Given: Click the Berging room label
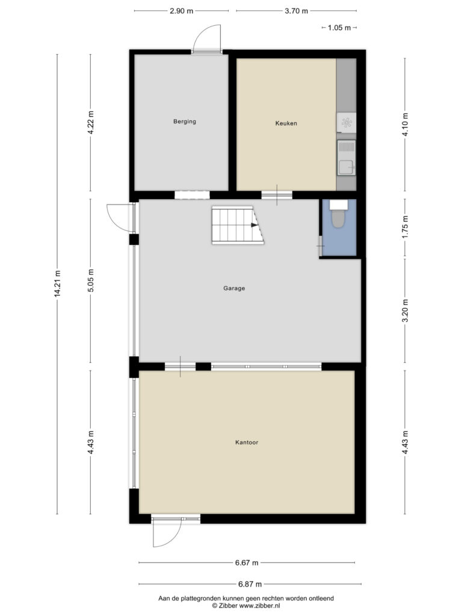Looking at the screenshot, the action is (185, 122).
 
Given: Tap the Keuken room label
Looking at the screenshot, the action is (286, 123).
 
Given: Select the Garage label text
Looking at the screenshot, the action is (234, 288).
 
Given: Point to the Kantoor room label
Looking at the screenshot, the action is (247, 442).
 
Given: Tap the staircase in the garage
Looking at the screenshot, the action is (237, 225).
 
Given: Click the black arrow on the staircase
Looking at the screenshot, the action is (254, 225).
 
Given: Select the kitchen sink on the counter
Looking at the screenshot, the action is (346, 158).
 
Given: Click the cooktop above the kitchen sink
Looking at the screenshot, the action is (346, 123).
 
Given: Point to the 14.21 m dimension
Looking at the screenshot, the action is (57, 283).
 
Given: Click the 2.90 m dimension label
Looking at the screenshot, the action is (182, 11).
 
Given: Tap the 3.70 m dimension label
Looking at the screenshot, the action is (296, 11).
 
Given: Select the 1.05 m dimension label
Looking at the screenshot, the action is (339, 28).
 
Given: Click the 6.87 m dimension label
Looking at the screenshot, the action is (250, 584).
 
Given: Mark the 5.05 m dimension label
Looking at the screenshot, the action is (91, 280).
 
